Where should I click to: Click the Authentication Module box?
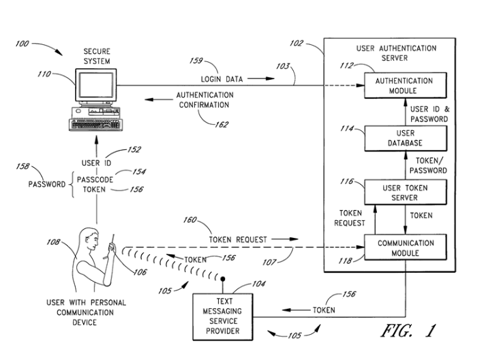[405, 85]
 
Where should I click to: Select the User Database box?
[405, 138]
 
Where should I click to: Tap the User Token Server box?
[405, 192]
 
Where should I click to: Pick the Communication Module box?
[405, 247]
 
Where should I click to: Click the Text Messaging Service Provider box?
[223, 317]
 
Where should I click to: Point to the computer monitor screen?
[96, 85]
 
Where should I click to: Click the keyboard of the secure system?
[96, 125]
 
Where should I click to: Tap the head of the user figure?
[89, 237]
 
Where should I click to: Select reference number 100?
[22, 44]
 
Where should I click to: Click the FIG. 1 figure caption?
[408, 331]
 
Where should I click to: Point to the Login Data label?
[222, 79]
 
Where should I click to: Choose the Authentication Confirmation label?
[205, 100]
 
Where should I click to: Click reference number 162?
[221, 125]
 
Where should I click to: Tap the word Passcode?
[95, 180]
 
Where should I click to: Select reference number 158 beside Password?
[23, 166]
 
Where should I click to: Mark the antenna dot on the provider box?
[222, 279]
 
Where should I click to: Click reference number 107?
[269, 262]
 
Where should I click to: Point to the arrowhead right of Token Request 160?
[293, 239]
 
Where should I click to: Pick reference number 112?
[346, 66]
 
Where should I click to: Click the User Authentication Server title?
[396, 53]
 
